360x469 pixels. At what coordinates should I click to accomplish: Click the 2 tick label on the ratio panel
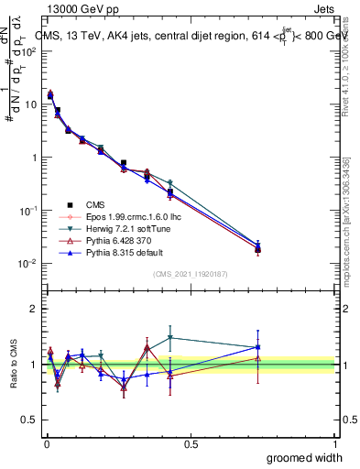(x=34, y=309)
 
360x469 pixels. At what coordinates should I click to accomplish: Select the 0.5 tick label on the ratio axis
(x=29, y=420)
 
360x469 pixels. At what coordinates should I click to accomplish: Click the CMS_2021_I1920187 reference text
(x=190, y=274)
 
